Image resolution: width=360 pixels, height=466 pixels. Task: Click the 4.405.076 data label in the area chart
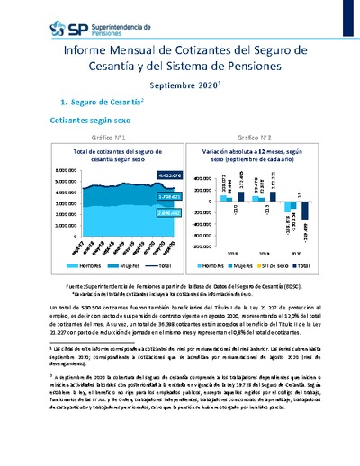click(143, 174)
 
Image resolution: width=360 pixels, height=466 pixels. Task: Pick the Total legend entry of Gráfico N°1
click(158, 267)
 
